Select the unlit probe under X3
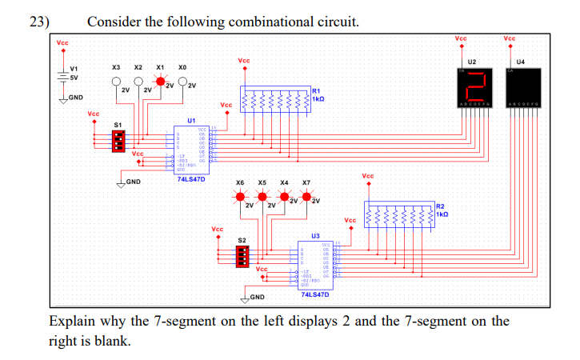(x=117, y=82)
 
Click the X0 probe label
(x=182, y=67)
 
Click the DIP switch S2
(x=243, y=255)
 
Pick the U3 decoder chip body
(x=316, y=262)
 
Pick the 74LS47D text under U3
(x=315, y=294)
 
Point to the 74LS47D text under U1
(x=190, y=179)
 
